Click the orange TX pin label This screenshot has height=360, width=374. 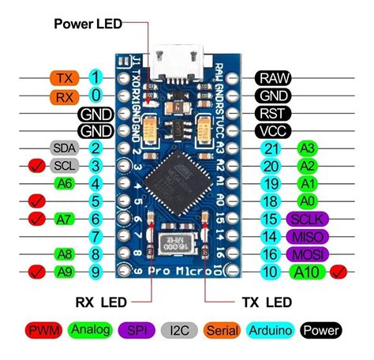pos(63,78)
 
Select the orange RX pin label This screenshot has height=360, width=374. pos(63,96)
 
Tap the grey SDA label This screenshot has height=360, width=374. pos(63,148)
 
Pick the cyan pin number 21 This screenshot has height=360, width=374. pos(271,148)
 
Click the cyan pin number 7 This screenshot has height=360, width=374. pos(95,236)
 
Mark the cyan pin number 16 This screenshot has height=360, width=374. pos(271,254)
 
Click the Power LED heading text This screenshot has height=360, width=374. pos(88,23)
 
